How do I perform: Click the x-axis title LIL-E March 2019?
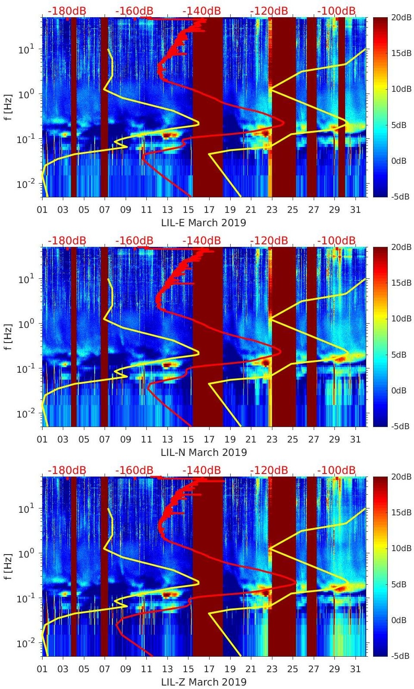(x=204, y=223)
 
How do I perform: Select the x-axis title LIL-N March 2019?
(x=204, y=452)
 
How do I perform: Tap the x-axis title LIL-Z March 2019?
(x=204, y=682)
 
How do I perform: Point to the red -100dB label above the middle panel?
(x=337, y=240)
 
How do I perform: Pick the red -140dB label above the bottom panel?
(x=201, y=470)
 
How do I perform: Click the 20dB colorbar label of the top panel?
(x=401, y=18)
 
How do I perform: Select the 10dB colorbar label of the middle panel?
(x=401, y=319)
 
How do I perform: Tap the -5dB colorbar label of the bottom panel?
(x=400, y=656)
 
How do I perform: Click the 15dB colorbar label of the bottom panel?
(x=401, y=512)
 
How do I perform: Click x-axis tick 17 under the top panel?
(x=209, y=210)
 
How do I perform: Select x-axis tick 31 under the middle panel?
(x=355, y=440)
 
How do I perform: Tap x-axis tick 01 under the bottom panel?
(x=42, y=669)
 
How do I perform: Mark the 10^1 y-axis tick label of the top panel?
(x=23, y=49)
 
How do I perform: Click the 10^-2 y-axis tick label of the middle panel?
(x=23, y=414)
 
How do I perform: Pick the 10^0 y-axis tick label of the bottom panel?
(x=23, y=553)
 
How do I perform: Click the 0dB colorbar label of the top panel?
(x=401, y=161)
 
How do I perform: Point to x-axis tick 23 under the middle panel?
(x=272, y=440)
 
